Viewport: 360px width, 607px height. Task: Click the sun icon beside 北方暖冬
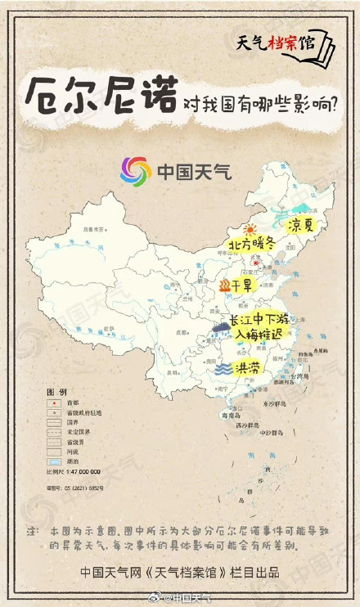(x=250, y=230)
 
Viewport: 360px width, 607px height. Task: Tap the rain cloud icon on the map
(x=220, y=329)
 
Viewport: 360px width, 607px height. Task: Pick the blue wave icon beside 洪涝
(x=222, y=369)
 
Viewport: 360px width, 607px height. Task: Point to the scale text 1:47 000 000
(x=73, y=472)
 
